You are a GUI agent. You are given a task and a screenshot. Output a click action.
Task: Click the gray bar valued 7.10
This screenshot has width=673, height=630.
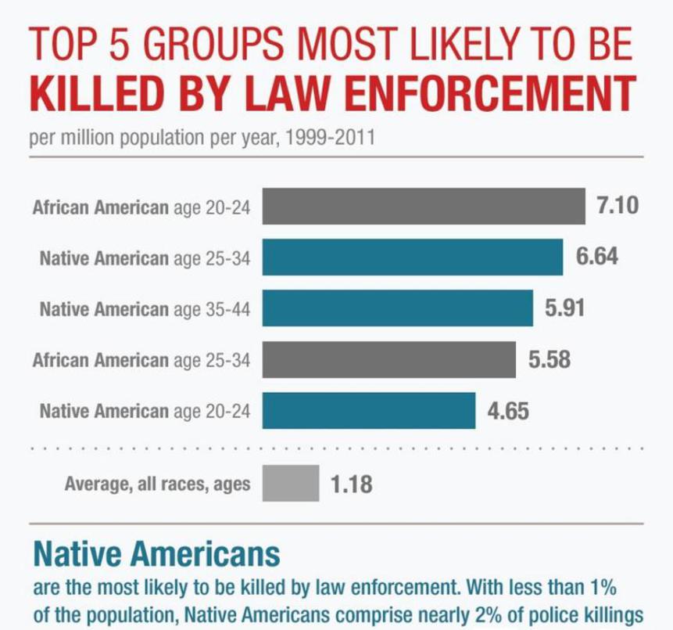[x=424, y=207]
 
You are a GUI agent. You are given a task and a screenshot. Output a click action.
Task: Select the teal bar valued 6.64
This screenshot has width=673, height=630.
[x=413, y=257]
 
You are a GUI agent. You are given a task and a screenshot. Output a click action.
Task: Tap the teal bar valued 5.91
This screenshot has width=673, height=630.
[x=397, y=308]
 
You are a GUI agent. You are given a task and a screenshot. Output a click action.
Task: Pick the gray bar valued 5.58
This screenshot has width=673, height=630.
[x=388, y=359]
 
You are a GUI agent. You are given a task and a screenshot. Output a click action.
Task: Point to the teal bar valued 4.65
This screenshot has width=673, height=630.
[x=369, y=411]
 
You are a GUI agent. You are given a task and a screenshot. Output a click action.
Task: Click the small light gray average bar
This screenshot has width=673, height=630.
[x=291, y=484]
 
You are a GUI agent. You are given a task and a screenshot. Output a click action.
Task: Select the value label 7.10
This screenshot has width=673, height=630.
[x=618, y=206]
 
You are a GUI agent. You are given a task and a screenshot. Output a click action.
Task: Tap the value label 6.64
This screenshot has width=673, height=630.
[x=597, y=257]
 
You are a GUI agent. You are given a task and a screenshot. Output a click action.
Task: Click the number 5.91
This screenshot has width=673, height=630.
[x=564, y=308]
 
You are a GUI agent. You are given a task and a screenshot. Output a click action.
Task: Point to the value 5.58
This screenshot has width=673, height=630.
[x=549, y=359]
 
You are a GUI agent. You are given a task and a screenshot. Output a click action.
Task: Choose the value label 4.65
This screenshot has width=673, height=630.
[x=509, y=411]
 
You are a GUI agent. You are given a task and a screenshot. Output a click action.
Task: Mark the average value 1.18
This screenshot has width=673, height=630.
[x=351, y=484]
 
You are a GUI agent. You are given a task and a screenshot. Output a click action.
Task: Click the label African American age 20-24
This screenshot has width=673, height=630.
[x=141, y=208]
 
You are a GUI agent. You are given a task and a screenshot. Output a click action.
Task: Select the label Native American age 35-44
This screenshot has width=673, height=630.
[x=145, y=308]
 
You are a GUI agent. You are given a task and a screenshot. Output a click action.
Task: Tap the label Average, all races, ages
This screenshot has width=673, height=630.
[x=157, y=484]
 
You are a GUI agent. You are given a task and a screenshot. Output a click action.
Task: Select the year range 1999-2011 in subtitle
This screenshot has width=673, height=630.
[x=331, y=139]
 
